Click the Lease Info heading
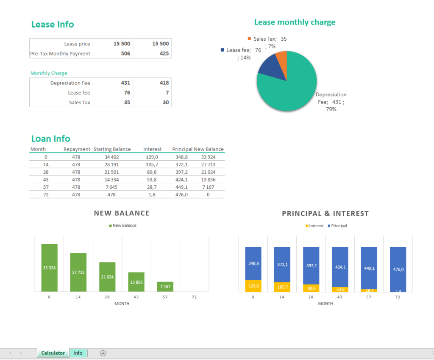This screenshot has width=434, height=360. [x=53, y=25]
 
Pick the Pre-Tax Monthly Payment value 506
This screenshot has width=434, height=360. [x=125, y=53]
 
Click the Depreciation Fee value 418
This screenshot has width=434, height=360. [x=164, y=83]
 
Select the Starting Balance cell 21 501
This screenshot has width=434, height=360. [x=112, y=172]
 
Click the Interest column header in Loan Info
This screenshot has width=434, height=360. [x=152, y=149]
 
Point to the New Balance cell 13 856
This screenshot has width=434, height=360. [x=208, y=179]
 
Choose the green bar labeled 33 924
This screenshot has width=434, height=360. [x=49, y=268]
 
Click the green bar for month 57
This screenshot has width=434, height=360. [x=165, y=287]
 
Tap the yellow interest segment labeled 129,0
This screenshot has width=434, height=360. [x=253, y=286]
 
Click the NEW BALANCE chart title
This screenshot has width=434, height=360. [x=122, y=213]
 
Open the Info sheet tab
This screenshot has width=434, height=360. [x=78, y=353]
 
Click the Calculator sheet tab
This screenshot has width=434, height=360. [x=53, y=353]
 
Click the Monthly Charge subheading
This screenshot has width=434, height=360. [x=49, y=73]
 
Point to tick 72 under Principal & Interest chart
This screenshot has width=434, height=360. [x=398, y=297]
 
